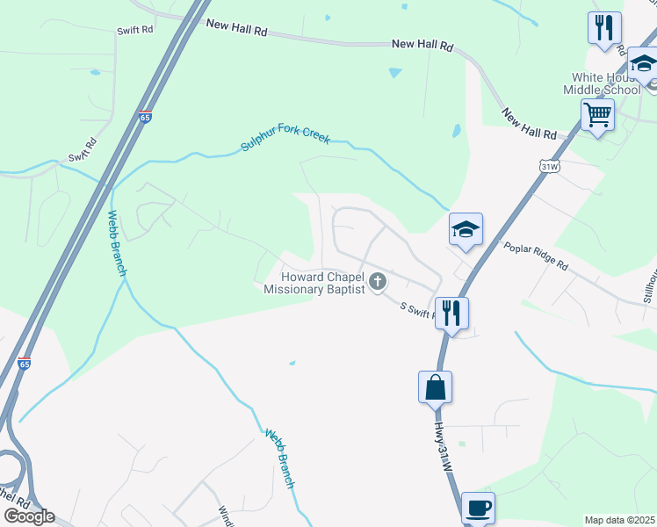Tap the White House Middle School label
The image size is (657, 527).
(x=606, y=83)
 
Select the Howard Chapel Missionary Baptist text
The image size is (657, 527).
(x=314, y=282)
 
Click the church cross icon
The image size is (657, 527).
(x=378, y=282)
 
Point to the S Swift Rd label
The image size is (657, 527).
(x=420, y=310)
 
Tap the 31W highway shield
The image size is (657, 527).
(x=550, y=165)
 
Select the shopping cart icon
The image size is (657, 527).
(x=597, y=114)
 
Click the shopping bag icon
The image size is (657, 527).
(x=436, y=386)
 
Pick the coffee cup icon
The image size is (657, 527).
(x=478, y=508)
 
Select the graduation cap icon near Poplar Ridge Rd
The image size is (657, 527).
(x=466, y=230)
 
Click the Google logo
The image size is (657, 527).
(x=29, y=516)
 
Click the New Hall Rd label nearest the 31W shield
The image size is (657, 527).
(x=530, y=124)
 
